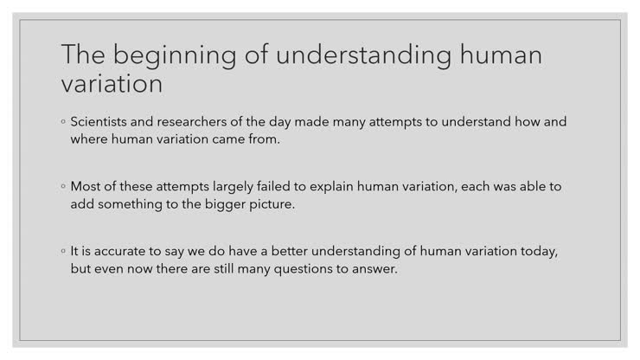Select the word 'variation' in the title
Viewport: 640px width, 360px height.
click(x=112, y=84)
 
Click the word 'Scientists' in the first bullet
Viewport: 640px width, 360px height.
click(x=101, y=122)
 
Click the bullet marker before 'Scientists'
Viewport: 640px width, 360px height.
click(x=64, y=123)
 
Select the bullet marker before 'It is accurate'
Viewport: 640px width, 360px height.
click(x=64, y=252)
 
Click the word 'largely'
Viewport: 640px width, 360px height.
click(x=233, y=187)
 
